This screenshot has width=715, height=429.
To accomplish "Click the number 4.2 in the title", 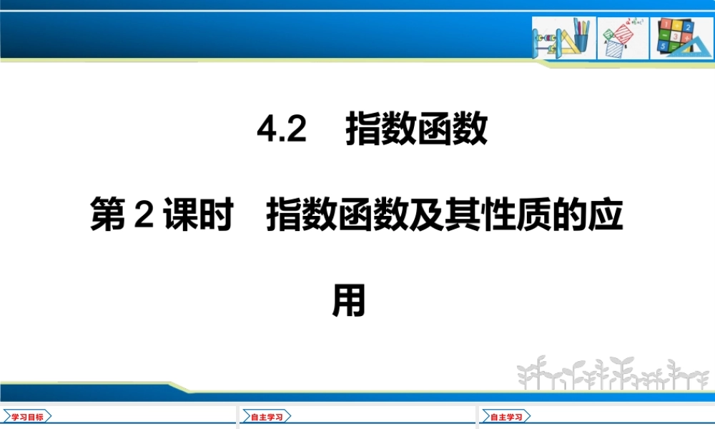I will tap(281, 131).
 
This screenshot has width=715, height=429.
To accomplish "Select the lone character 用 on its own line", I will tap(349, 300).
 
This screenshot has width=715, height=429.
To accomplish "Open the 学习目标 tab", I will tap(27, 416).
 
